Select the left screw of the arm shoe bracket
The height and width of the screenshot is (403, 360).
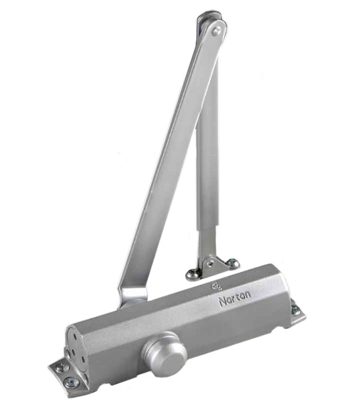(x=193, y=273)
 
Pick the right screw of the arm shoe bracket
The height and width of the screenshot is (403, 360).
(x=233, y=262)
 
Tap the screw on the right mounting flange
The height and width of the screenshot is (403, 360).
(x=296, y=310)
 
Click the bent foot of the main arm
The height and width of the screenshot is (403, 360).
(x=132, y=297)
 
